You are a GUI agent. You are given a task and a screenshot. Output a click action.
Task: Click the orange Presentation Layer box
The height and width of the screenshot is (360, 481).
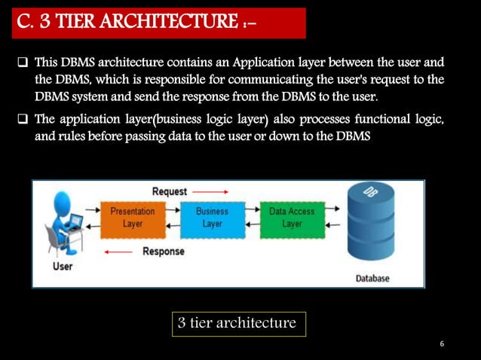point(132,218)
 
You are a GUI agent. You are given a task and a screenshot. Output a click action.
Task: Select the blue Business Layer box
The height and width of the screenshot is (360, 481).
point(212,218)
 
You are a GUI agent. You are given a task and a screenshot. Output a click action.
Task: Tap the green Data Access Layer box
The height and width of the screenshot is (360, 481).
point(292,218)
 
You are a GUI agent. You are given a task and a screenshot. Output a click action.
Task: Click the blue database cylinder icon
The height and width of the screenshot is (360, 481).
point(371,225)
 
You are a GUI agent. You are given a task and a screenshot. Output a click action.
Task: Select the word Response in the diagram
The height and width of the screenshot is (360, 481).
point(164,252)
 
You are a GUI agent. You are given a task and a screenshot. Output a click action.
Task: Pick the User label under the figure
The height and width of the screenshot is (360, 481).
point(63,267)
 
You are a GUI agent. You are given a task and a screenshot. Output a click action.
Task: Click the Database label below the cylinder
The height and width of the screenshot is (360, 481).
point(372,278)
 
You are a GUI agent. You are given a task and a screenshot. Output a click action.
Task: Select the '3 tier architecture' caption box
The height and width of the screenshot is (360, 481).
point(237,324)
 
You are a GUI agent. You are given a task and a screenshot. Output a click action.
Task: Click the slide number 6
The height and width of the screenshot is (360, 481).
point(442,344)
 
